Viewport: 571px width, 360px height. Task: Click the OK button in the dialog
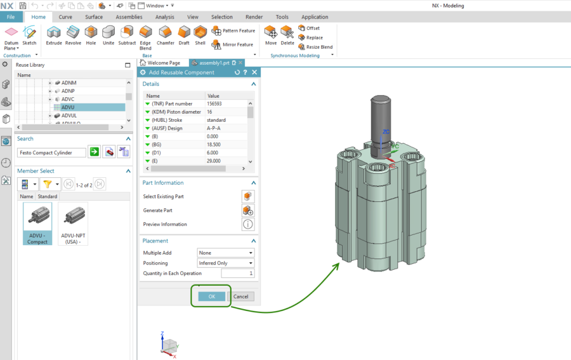[212, 297]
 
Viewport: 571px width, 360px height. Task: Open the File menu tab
[11, 17]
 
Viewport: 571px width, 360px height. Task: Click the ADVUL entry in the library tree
[69, 116]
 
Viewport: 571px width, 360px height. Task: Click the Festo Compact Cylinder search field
[51, 152]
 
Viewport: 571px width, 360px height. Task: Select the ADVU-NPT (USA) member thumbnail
[73, 223]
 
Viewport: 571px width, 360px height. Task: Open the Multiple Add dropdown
[225, 253]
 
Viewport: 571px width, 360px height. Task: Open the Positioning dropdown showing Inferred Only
[225, 263]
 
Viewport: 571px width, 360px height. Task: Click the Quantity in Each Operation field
[237, 273]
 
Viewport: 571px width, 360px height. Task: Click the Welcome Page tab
[164, 63]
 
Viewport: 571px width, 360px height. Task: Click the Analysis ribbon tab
[164, 17]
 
